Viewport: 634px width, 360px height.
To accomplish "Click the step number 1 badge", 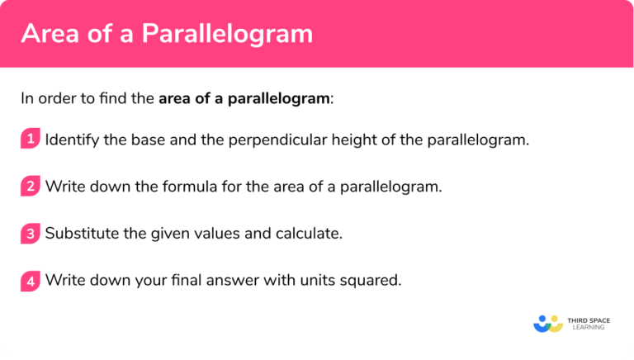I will (30, 139).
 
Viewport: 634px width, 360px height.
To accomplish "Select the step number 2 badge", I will (30, 186).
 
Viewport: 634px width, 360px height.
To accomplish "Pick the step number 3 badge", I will (30, 233).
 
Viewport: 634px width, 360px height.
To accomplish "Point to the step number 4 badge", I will (30, 281).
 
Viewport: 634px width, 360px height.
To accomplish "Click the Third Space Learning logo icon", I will (547, 322).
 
